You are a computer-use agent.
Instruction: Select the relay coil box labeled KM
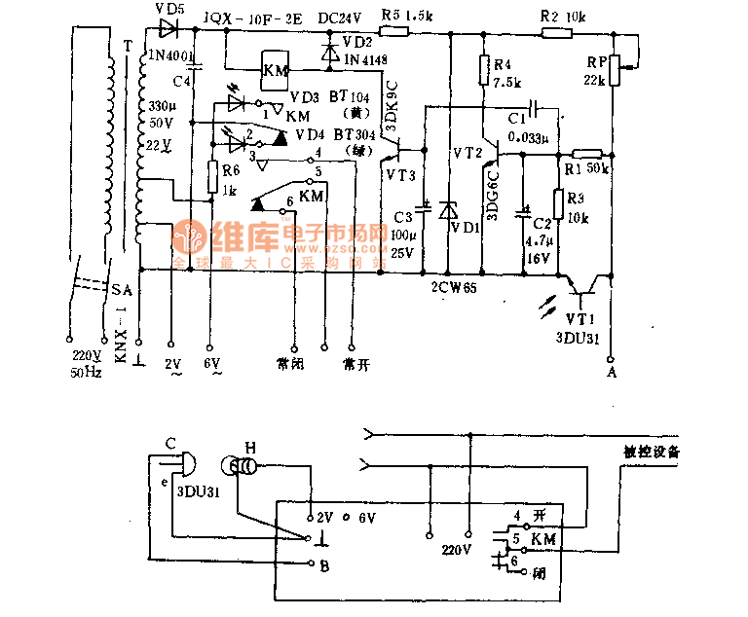point(277,70)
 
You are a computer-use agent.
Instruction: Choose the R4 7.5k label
point(503,73)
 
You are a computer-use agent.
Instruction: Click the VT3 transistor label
point(399,174)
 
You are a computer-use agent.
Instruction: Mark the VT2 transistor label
point(467,154)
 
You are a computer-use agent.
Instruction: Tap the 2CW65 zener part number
point(454,287)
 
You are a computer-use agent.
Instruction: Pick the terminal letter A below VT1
point(612,371)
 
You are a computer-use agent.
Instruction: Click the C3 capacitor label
point(401,216)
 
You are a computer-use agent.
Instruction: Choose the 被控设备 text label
point(652,452)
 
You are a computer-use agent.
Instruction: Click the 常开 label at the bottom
point(356,363)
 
